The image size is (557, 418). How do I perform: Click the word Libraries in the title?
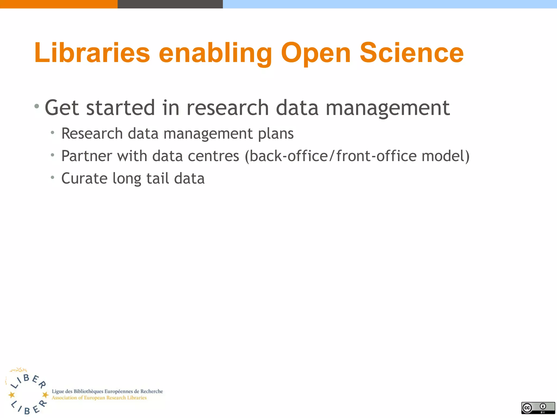[92, 53]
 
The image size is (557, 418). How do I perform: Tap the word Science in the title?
[411, 53]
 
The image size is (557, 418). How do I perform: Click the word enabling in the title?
[215, 53]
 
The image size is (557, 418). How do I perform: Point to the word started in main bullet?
[120, 108]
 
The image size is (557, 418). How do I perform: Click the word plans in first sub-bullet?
[276, 134]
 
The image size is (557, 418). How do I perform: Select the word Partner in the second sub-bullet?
[87, 156]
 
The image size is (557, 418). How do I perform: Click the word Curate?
[84, 179]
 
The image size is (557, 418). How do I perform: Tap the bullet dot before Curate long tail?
[52, 178]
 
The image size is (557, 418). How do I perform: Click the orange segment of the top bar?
[58, 4]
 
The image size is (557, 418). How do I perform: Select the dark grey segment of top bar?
[170, 4]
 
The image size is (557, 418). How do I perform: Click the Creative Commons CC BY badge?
[538, 408]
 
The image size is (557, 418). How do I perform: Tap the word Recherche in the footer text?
[151, 391]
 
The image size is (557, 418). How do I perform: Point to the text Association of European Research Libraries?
[99, 398]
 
